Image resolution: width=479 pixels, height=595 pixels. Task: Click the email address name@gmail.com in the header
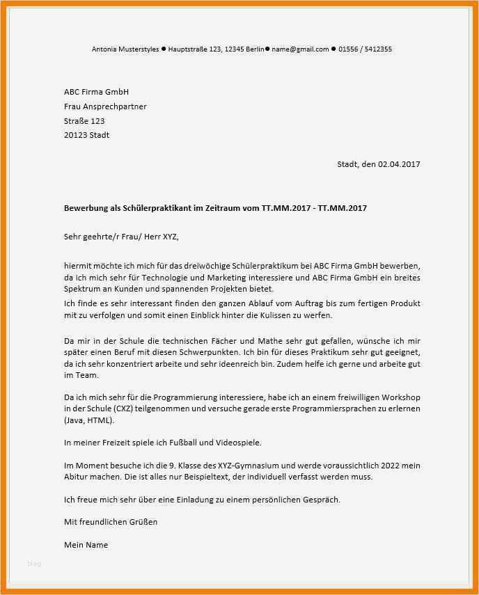(x=300, y=49)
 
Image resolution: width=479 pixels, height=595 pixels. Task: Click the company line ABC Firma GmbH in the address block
(x=96, y=92)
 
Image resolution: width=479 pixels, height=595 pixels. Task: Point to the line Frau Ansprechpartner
(x=105, y=106)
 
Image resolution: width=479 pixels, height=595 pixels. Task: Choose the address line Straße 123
(x=84, y=121)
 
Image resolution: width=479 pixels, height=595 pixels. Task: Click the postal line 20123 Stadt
(x=86, y=135)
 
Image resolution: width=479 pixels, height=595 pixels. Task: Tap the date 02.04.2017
(x=399, y=164)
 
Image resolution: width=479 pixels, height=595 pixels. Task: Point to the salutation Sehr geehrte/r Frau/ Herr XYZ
(x=121, y=237)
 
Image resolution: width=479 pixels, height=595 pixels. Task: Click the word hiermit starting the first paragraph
(x=77, y=267)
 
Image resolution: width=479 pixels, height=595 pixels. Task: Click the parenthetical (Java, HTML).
(x=89, y=420)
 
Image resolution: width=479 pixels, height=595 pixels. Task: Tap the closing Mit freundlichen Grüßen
(x=111, y=521)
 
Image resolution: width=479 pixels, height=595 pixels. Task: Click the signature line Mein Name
(x=86, y=545)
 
